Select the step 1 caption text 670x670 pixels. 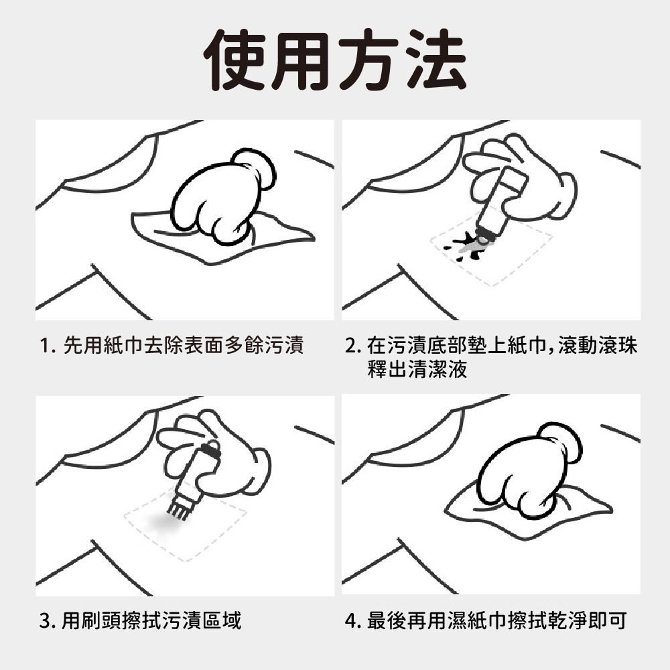172,345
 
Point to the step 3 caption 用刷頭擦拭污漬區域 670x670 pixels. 151,620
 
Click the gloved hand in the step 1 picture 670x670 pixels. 222,196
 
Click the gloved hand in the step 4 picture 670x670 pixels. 529,471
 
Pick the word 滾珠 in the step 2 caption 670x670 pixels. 618,345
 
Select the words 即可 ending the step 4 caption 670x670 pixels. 608,620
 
